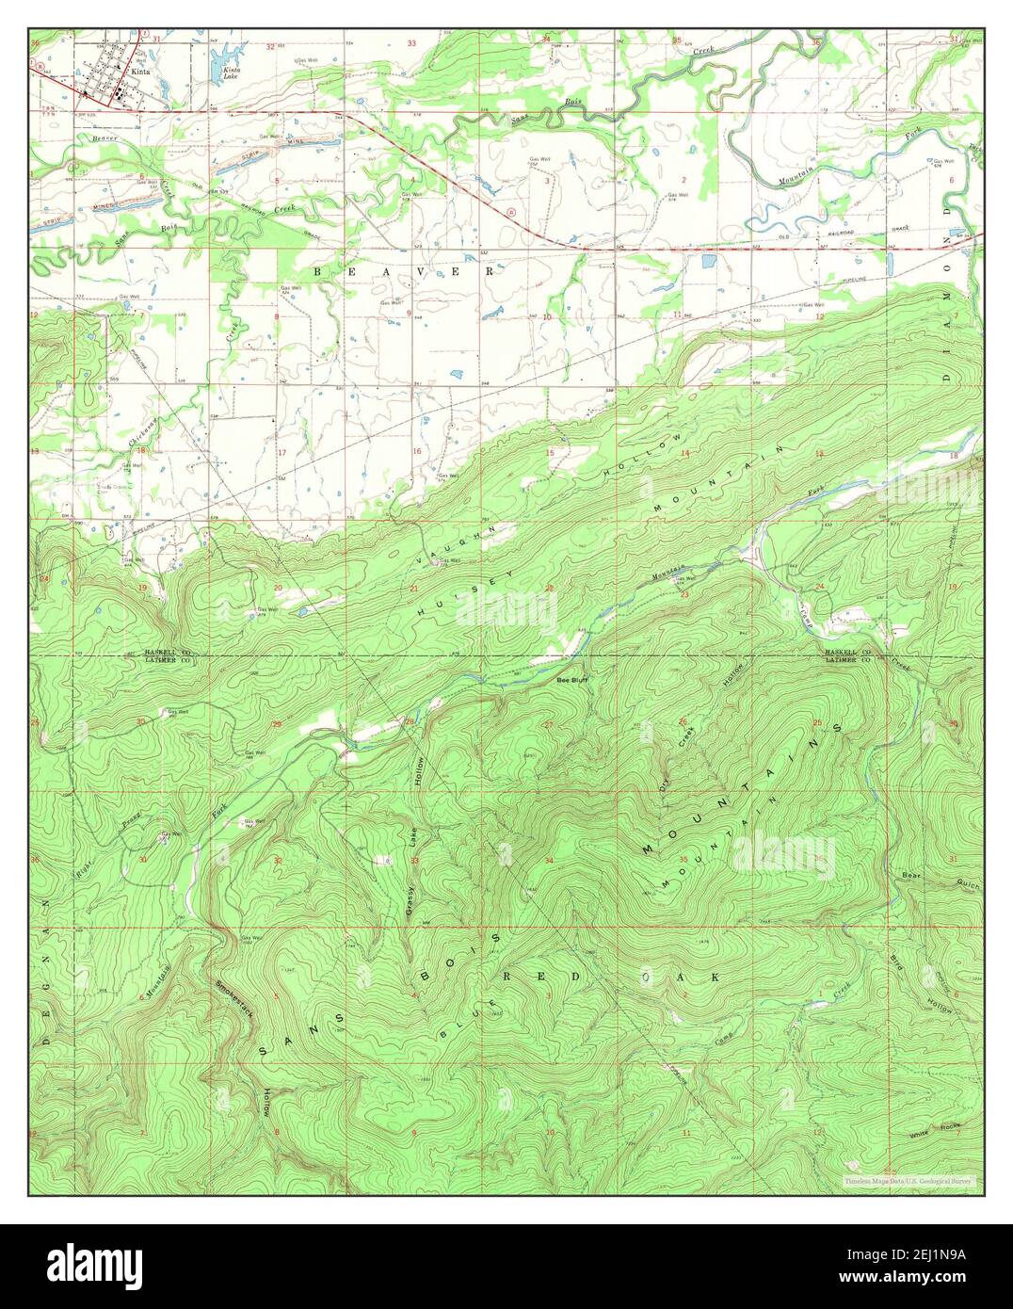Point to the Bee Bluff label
click(571, 679)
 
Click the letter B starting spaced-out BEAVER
click(317, 271)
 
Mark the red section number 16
click(415, 452)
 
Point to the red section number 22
click(549, 589)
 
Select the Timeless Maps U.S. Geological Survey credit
click(908, 1181)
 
